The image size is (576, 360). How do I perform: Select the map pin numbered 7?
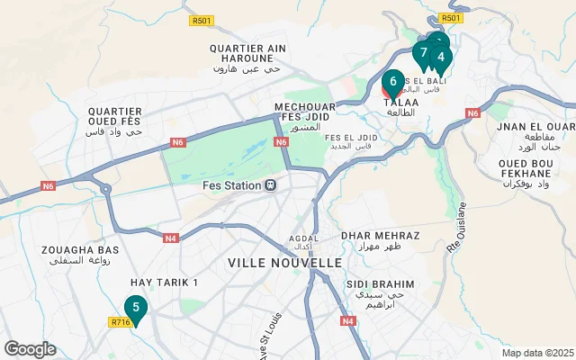(422, 53)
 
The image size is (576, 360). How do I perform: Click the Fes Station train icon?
(269, 185)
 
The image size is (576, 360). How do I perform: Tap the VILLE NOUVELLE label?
(284, 263)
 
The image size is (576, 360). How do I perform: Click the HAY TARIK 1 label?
(164, 283)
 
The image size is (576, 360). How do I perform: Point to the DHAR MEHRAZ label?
(382, 235)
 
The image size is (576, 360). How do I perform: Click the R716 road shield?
(120, 321)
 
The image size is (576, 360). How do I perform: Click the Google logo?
(30, 349)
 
